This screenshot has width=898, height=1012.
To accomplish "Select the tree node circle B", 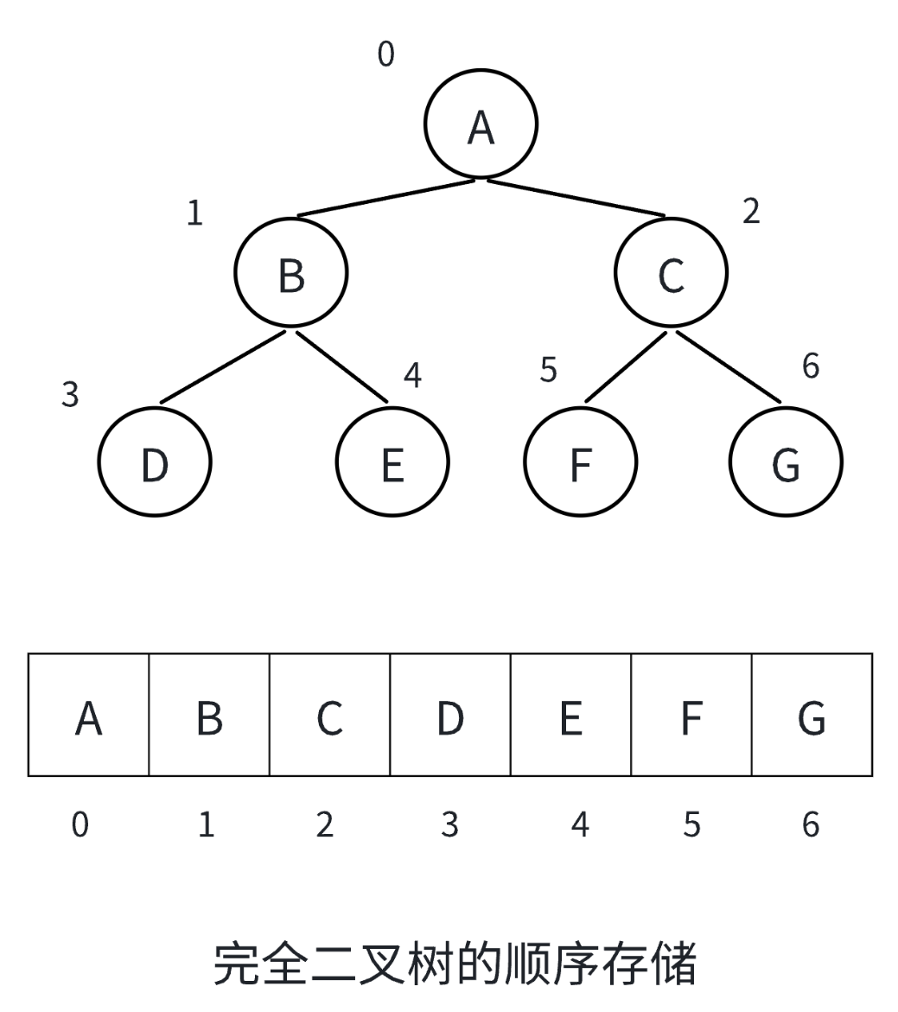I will pyautogui.click(x=291, y=272).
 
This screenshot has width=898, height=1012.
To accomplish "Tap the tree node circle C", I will pyautogui.click(x=672, y=272).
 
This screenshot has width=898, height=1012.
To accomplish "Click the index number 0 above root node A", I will pyautogui.click(x=385, y=54).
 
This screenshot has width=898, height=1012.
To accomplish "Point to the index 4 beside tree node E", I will pyautogui.click(x=413, y=375).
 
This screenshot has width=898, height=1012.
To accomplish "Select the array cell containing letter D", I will pyautogui.click(x=449, y=715).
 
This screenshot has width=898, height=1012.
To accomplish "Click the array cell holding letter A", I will pyautogui.click(x=88, y=715).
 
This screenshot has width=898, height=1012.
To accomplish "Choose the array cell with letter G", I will pyautogui.click(x=812, y=715).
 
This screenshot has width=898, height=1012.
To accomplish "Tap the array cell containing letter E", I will pyautogui.click(x=570, y=715).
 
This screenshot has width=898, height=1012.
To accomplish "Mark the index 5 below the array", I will pyautogui.click(x=691, y=824).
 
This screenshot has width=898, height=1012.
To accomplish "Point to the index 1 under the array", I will pyautogui.click(x=206, y=824).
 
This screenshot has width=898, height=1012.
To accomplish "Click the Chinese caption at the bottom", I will pyautogui.click(x=455, y=964).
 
